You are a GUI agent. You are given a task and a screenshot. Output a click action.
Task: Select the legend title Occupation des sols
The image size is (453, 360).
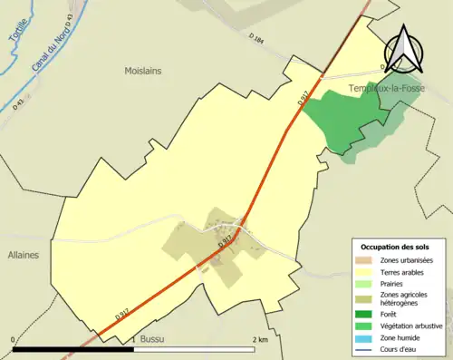click(397, 247)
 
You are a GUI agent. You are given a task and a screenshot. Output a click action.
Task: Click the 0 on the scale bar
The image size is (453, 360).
click(14, 339)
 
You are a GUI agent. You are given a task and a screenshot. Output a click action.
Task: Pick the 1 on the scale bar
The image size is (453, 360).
click(134, 339)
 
